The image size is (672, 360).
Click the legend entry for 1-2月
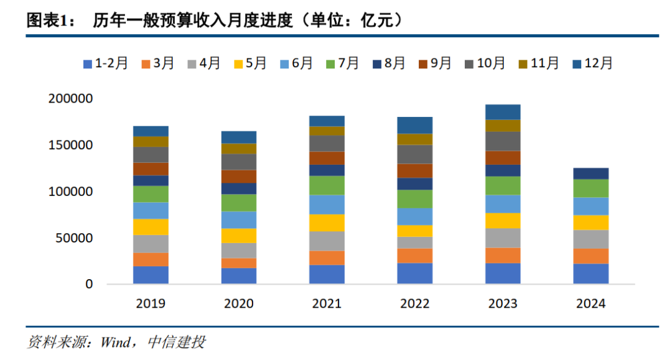(105, 63)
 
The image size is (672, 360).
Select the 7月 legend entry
(342, 63)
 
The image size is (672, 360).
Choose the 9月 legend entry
(434, 63)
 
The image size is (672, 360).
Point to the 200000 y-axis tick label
(70, 99)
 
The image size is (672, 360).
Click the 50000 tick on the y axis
(74, 238)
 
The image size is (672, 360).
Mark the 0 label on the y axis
(89, 284)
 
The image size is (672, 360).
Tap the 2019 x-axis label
(151, 304)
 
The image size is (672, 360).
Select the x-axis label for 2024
(590, 304)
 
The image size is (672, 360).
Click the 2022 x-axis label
(414, 304)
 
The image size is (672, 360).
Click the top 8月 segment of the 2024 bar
(590, 173)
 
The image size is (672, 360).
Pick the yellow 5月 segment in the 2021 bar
(327, 223)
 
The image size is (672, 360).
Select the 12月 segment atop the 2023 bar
(503, 112)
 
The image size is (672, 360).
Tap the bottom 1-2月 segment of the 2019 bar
(151, 275)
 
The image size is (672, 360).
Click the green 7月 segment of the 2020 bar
(239, 203)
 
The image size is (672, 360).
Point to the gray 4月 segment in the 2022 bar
(414, 242)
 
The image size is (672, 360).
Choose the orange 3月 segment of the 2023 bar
(503, 256)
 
